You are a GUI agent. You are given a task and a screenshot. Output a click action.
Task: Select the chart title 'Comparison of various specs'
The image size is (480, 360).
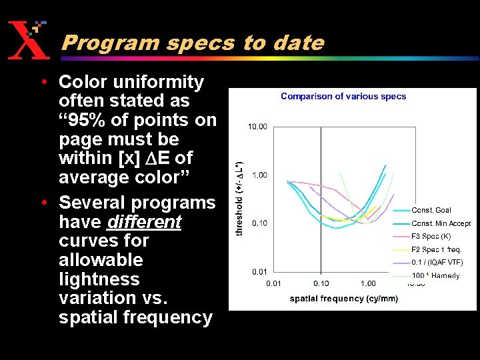click(x=343, y=96)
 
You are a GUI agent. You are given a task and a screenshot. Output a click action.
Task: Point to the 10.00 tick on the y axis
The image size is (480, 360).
click(x=258, y=127)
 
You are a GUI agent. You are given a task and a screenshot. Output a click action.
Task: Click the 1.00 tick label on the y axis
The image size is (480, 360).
click(x=259, y=175)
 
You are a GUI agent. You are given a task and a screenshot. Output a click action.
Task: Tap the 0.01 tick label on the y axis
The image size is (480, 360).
click(x=259, y=271)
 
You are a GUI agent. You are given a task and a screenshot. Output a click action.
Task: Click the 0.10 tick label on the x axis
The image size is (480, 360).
click(x=321, y=284)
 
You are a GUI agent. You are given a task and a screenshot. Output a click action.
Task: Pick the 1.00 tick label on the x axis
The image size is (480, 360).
click(x=368, y=284)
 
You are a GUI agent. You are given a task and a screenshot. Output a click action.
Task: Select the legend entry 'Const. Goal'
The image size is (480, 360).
click(x=431, y=211)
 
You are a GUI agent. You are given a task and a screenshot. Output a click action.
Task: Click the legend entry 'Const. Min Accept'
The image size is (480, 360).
click(x=441, y=223)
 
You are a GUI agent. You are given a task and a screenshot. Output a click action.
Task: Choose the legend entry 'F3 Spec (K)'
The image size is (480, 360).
click(x=431, y=236)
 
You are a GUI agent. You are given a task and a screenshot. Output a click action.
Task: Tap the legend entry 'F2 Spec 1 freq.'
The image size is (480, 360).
click(x=436, y=249)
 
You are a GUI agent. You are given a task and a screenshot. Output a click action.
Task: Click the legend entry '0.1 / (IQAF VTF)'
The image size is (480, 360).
click(x=437, y=262)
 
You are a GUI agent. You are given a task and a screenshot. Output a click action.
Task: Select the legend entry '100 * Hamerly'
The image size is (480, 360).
click(x=435, y=275)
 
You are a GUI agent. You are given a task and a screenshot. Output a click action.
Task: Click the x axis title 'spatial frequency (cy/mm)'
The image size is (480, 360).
click(x=343, y=299)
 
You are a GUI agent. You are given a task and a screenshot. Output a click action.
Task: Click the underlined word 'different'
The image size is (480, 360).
click(x=156, y=221)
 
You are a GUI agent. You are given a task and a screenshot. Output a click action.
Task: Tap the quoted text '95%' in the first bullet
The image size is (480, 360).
click(x=87, y=120)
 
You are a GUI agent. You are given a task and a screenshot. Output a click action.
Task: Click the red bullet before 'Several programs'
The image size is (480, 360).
click(x=43, y=203)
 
